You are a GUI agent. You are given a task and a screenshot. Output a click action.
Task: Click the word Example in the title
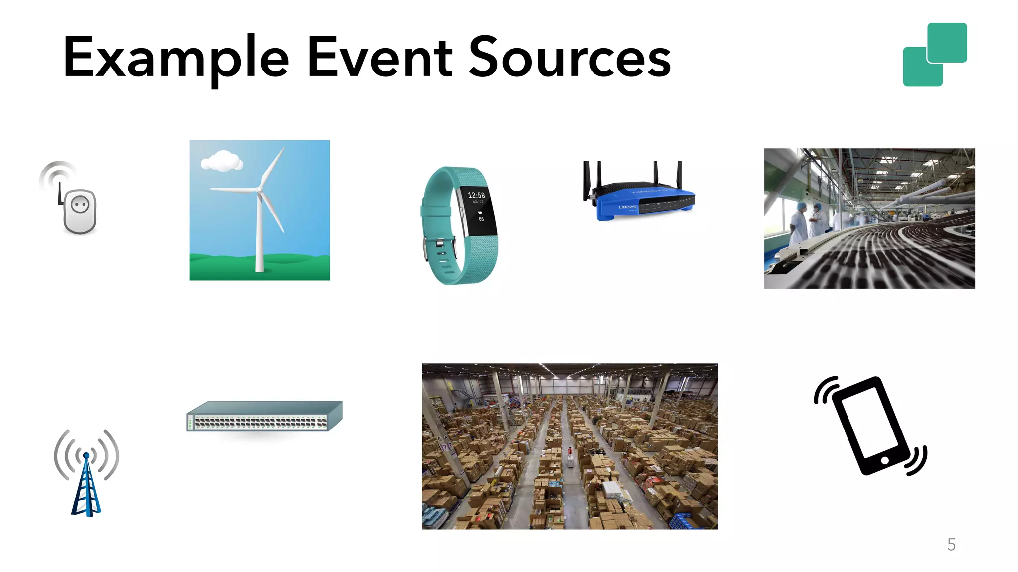175,59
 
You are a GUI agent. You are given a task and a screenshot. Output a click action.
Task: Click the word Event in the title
380,59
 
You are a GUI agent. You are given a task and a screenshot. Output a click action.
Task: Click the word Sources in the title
570,59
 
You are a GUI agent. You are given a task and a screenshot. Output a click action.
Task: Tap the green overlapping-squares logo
934,55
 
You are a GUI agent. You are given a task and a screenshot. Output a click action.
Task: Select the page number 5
951,545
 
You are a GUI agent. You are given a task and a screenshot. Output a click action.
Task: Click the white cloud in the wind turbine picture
222,161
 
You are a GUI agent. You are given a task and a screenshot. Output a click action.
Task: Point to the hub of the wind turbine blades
259,190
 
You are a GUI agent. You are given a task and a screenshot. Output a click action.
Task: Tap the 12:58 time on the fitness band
476,195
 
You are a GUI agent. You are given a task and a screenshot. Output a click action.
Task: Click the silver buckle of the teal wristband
439,244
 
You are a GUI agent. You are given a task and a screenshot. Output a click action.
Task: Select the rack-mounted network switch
264,417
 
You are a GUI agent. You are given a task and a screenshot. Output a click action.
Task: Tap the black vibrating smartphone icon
870,426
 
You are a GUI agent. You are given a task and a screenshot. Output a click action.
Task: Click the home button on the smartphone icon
885,461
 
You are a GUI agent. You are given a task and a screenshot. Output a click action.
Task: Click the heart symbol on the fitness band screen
480,213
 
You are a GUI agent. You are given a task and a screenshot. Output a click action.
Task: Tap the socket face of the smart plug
80,205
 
